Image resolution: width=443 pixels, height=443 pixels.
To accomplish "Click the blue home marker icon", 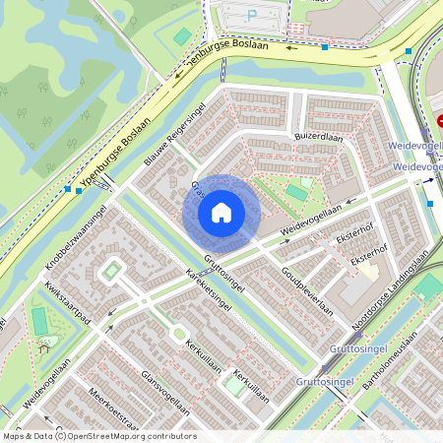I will pos(221,212).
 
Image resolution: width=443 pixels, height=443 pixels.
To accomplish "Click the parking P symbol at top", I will pos(251,15).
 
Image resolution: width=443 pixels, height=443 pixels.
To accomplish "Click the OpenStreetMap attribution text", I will pos(98,436).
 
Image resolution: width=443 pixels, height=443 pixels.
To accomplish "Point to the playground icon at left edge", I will pos(44,345).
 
